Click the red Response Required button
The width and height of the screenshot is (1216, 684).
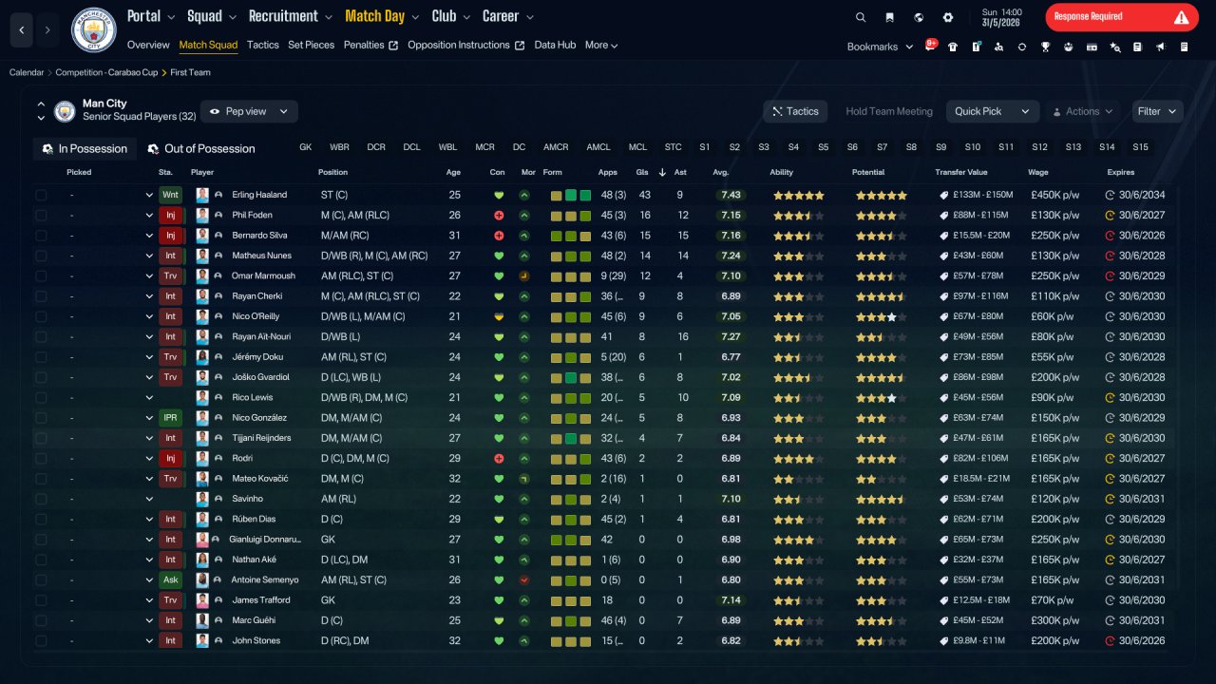click(x=1122, y=17)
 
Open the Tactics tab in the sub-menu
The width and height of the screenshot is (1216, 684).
click(x=263, y=45)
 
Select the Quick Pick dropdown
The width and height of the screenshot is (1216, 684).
click(x=993, y=111)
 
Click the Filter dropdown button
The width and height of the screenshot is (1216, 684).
click(x=1157, y=111)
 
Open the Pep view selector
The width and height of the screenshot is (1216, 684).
click(x=249, y=111)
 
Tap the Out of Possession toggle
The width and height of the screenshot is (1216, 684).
click(x=201, y=149)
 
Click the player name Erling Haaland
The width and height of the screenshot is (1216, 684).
click(x=259, y=195)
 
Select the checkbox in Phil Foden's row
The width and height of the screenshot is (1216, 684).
click(x=41, y=216)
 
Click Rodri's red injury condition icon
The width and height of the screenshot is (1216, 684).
click(x=499, y=459)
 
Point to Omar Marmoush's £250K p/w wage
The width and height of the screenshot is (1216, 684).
click(x=1054, y=275)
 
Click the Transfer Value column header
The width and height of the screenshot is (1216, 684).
click(x=960, y=172)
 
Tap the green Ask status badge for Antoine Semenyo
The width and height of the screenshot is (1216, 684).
click(x=170, y=579)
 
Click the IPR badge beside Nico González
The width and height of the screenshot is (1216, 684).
click(x=170, y=418)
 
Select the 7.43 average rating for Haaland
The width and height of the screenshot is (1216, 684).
click(x=731, y=195)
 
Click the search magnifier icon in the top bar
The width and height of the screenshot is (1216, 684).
click(x=861, y=17)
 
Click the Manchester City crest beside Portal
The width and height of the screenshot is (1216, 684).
click(x=93, y=30)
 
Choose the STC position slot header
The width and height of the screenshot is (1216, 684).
click(x=673, y=147)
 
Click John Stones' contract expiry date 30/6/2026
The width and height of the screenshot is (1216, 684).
click(x=1142, y=640)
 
